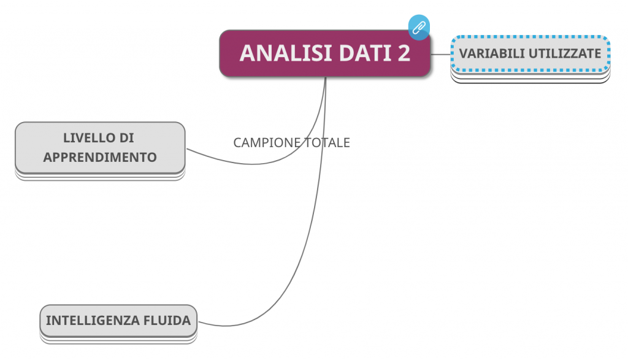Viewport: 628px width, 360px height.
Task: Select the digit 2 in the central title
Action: (403, 53)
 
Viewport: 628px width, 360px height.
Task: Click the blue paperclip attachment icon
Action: (419, 28)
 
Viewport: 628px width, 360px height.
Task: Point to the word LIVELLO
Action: (85, 138)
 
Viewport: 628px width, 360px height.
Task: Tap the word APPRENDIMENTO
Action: (100, 157)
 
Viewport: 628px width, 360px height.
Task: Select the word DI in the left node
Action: (127, 138)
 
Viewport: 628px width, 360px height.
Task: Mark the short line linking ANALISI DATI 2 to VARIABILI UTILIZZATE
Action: (441, 54)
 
